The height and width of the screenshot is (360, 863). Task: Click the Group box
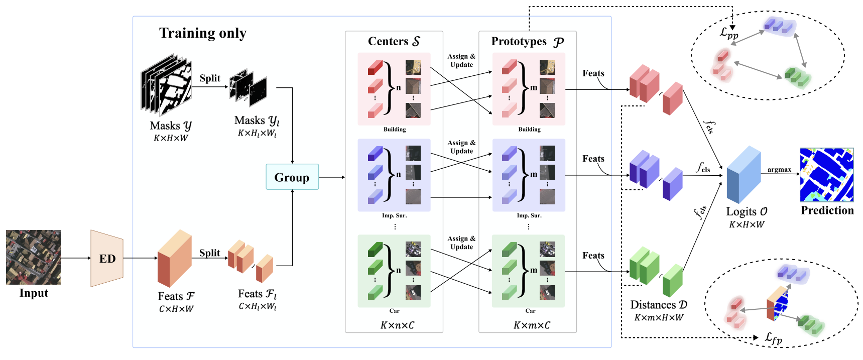[292, 177]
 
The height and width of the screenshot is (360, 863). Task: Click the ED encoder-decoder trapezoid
[107, 259]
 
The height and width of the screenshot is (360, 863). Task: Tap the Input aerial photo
[33, 257]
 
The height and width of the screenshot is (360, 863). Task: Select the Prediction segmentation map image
[826, 175]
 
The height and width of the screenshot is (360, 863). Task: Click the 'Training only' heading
[203, 33]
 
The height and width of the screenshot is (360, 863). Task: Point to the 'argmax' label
[779, 170]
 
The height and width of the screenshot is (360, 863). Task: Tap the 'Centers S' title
[394, 41]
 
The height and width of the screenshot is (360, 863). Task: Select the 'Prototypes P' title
[527, 42]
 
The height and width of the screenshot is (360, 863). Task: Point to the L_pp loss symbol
[729, 34]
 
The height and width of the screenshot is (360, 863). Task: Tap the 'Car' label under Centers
[395, 311]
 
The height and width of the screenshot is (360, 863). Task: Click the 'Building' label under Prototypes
[529, 130]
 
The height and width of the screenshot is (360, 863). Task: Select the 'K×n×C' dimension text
[397, 325]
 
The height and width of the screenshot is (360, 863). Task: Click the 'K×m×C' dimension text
[532, 325]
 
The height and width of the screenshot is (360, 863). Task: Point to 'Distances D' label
[659, 305]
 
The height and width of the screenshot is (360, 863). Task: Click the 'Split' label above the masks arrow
[210, 78]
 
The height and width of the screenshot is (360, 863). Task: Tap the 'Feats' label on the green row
[593, 256]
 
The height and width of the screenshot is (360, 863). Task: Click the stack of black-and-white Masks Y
[166, 85]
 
